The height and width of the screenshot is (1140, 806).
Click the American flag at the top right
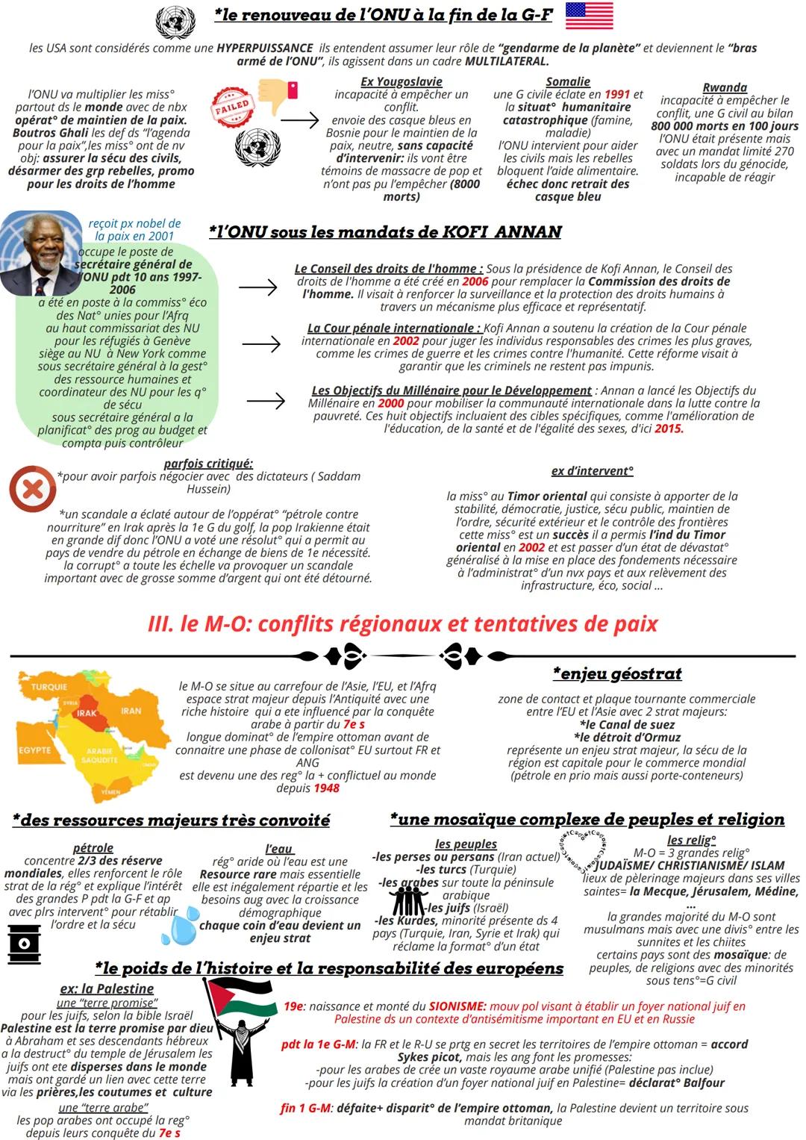coord(589,15)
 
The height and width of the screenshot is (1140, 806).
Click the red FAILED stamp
coord(231,106)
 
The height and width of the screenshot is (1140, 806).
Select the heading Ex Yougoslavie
coord(401,81)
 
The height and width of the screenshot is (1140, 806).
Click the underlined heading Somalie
coord(567,81)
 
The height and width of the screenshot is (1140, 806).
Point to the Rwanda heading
coord(724,87)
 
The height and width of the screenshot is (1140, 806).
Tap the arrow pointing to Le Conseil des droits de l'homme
coord(258,287)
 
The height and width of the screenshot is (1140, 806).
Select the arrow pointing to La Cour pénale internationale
coord(261,343)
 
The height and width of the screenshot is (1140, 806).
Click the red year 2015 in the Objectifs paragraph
coord(669,429)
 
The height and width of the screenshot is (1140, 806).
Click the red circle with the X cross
coord(32,489)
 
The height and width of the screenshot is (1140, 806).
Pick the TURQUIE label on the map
coord(49,686)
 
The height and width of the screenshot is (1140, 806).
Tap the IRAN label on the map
coord(131,711)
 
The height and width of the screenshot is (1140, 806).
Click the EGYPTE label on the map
coord(34,750)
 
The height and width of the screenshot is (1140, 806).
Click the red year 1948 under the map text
coord(326,788)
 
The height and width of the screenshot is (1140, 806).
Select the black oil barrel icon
coord(24,943)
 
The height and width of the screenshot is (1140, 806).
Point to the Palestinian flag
coord(240,997)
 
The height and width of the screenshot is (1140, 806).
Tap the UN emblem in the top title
coord(176,21)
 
